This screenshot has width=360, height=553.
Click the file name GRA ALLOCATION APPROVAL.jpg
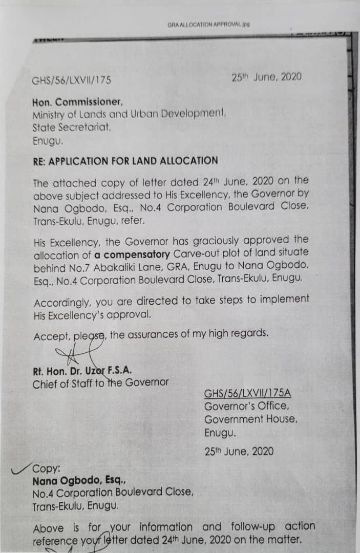[x=208, y=24]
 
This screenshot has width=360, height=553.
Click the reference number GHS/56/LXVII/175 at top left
[x=72, y=80]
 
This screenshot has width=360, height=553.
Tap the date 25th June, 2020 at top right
[x=266, y=77]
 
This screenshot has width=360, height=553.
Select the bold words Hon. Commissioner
[x=77, y=102]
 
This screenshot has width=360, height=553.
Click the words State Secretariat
[x=72, y=127]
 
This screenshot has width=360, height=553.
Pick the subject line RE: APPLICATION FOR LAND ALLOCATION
[x=125, y=161]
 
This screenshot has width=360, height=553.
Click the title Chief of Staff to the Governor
[x=100, y=383]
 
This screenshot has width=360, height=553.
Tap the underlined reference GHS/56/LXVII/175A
[x=247, y=394]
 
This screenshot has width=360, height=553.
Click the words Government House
[x=250, y=419]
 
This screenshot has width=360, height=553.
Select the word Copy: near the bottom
[x=47, y=469]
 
